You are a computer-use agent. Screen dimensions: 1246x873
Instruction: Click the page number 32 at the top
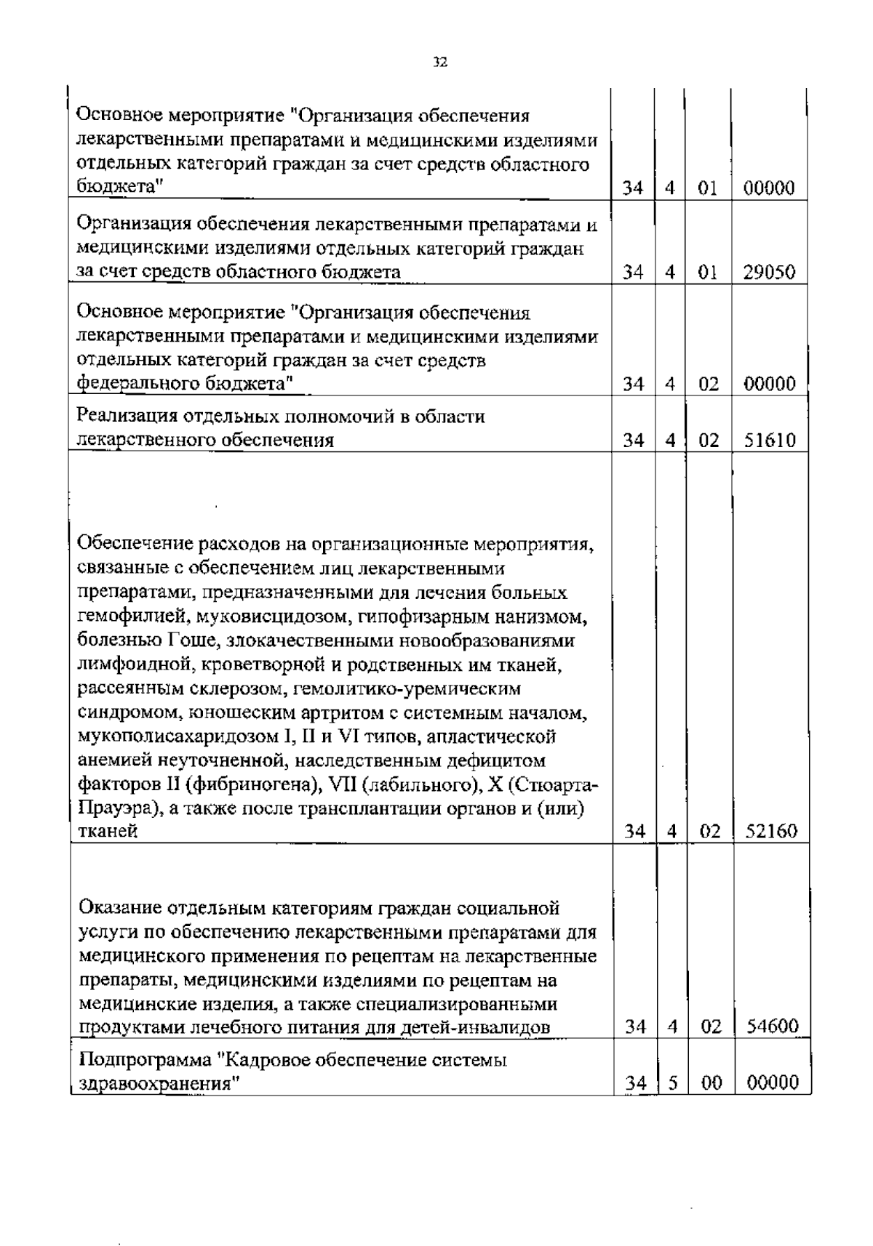coord(439,63)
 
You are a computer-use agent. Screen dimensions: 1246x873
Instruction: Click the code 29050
coord(770,273)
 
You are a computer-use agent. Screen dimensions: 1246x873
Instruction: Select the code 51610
coord(770,440)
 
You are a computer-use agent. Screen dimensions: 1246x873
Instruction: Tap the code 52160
coord(771,831)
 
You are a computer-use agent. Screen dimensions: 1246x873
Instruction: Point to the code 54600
coord(771,1026)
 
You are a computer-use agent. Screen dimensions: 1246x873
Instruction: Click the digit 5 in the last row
coord(673,1083)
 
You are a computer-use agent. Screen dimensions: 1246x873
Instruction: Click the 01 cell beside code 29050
coord(707,273)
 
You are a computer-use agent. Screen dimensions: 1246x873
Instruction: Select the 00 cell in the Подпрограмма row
coord(711,1083)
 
